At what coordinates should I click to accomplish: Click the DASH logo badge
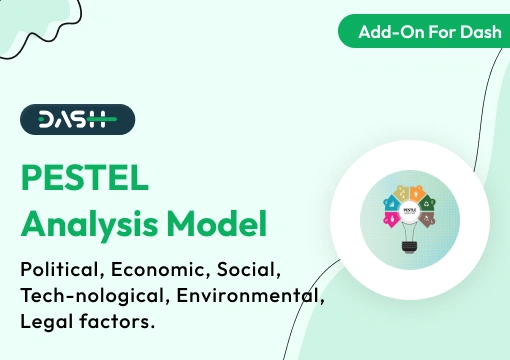(x=78, y=120)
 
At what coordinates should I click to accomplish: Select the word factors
(x=118, y=322)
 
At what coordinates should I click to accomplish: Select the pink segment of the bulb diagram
(x=392, y=217)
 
